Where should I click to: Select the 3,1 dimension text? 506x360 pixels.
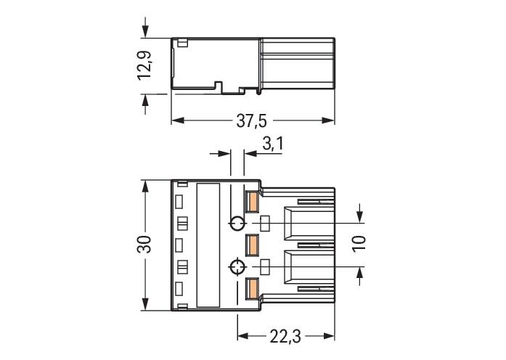tap(272, 144)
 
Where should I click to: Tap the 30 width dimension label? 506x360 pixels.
tap(145, 245)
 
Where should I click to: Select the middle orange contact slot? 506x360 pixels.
tap(252, 245)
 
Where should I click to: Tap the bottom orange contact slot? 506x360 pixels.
tap(252, 288)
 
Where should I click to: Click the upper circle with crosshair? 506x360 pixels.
tap(237, 223)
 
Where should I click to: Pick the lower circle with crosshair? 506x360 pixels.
tap(237, 267)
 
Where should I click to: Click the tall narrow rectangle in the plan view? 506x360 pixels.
tap(208, 245)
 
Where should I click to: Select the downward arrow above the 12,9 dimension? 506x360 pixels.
tap(146, 32)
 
